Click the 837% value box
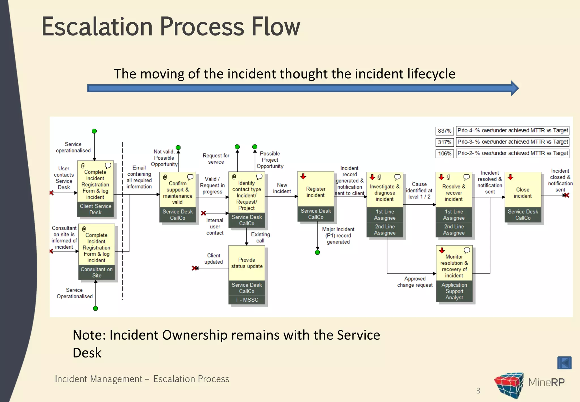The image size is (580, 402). pos(444,131)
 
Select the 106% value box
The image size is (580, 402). pos(444,154)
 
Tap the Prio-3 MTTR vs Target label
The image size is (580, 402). pos(512,142)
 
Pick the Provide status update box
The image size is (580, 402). pos(246,263)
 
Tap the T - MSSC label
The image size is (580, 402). pos(247,300)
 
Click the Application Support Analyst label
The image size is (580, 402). pos(454,291)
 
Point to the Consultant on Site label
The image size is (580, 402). pos(97,272)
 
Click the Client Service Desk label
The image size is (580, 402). pos(95,209)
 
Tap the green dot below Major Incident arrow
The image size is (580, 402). pos(317,252)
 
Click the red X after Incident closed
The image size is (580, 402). pos(566,195)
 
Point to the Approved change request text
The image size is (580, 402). pos(415,282)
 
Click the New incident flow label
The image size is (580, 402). pos(282,188)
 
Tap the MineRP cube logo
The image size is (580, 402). pos(509,385)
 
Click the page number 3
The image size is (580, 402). pos(478,391)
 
